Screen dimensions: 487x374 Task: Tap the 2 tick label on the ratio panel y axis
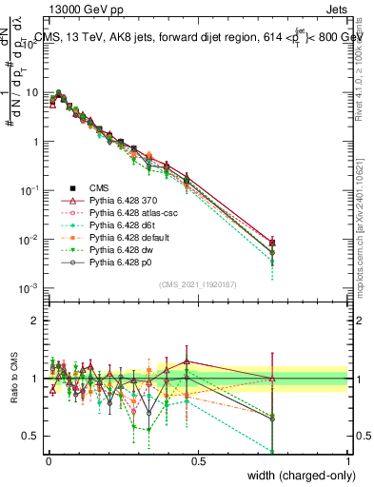tap(35, 320)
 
